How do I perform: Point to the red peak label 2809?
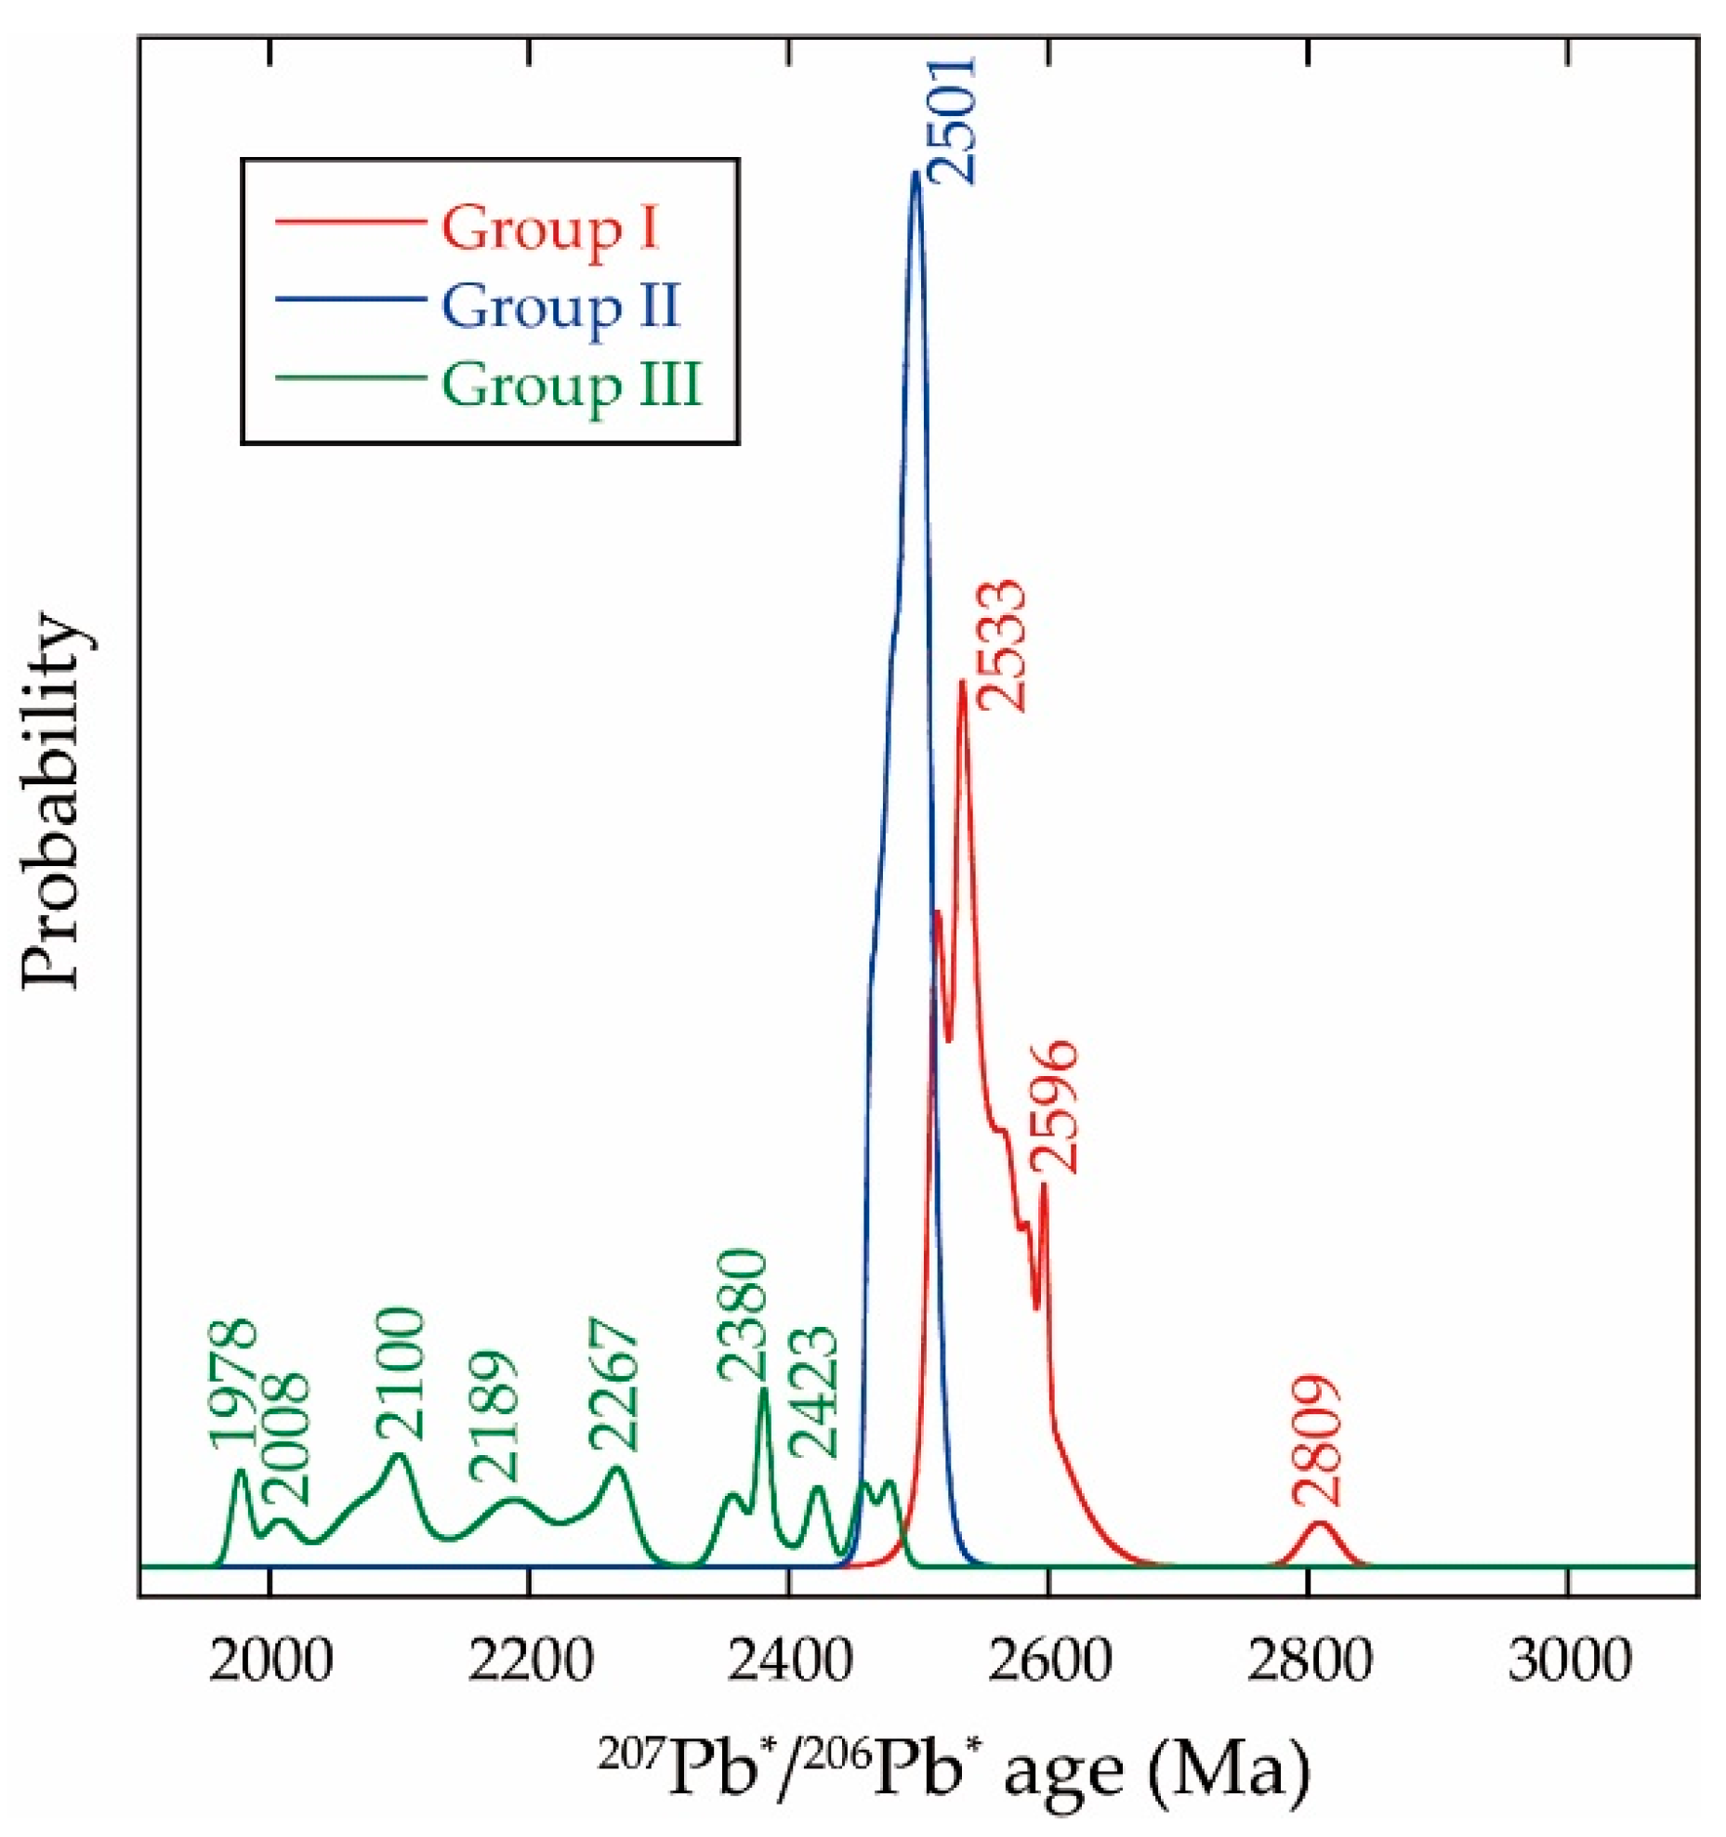coord(1315,1440)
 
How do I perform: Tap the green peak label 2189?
coord(491,1417)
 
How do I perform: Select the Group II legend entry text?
coord(560,307)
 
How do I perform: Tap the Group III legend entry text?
coord(570,385)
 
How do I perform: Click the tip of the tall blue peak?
coord(916,173)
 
